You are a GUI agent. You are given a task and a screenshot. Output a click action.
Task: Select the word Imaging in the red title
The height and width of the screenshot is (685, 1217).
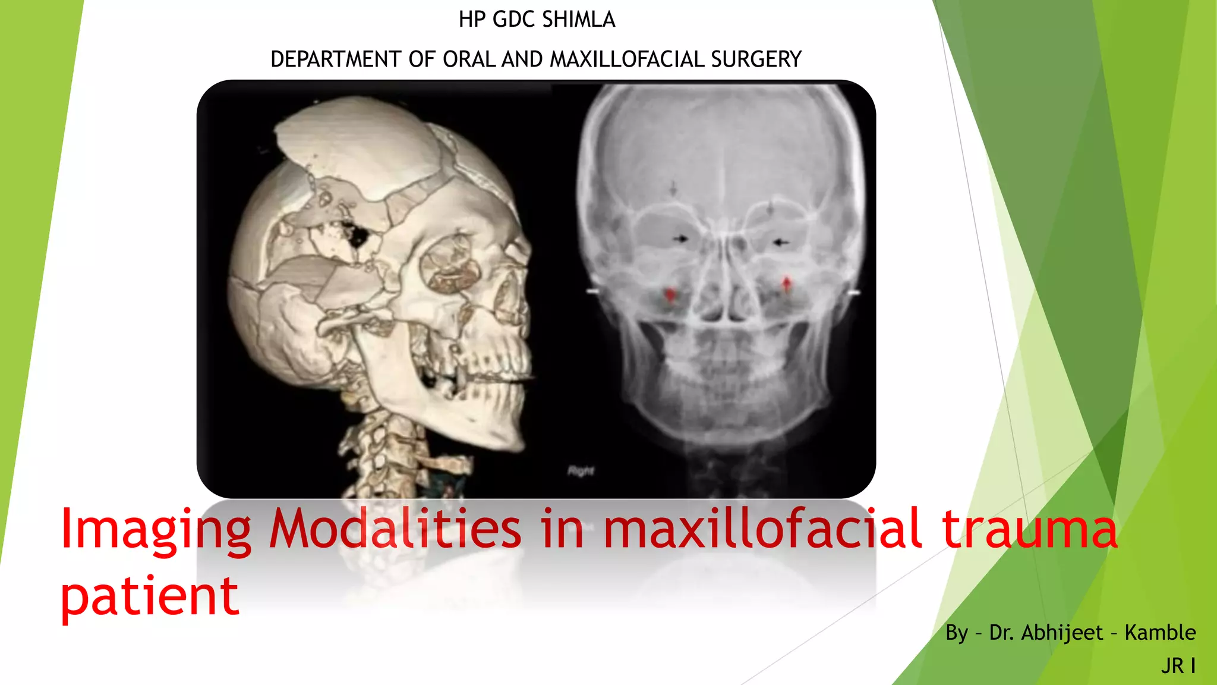point(156,529)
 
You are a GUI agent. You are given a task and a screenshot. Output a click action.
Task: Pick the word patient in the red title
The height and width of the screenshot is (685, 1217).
point(150,596)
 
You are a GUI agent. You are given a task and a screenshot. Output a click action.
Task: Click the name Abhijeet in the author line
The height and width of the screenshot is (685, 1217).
point(1062,633)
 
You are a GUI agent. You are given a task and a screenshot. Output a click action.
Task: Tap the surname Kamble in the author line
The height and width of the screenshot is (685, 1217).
point(1160,633)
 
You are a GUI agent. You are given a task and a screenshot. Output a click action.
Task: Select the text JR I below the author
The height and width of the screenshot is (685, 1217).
point(1178,666)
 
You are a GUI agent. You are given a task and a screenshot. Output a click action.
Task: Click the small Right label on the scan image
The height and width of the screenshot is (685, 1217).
point(581,472)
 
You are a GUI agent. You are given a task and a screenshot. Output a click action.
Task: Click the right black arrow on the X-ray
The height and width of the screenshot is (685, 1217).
point(781,242)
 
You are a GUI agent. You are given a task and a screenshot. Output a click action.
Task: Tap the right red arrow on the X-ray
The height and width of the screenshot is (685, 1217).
point(787,284)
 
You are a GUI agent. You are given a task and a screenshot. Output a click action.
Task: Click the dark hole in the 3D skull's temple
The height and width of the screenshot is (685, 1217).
point(358,237)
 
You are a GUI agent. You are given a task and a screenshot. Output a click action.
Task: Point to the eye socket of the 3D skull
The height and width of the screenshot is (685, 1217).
point(450,265)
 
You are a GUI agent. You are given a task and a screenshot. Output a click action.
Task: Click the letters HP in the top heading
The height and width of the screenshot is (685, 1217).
point(472,20)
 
